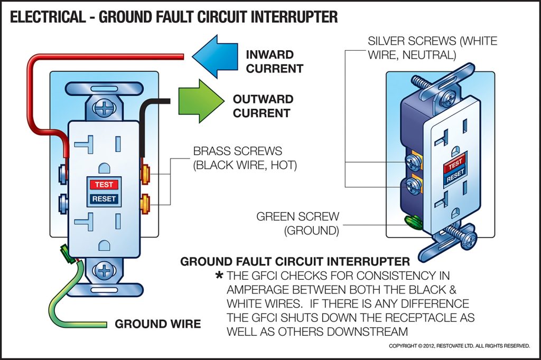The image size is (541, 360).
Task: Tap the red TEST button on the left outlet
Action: click(105, 185)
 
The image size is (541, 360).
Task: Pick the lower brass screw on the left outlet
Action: click(144, 201)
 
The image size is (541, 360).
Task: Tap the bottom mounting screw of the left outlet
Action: click(104, 271)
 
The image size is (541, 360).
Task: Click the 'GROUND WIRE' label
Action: click(158, 324)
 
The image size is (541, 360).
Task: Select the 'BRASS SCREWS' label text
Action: click(237, 151)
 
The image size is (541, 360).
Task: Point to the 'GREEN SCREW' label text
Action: click(298, 217)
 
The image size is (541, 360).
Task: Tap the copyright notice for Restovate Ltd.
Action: click(459, 346)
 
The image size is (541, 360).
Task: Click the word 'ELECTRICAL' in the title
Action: click(48, 17)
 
